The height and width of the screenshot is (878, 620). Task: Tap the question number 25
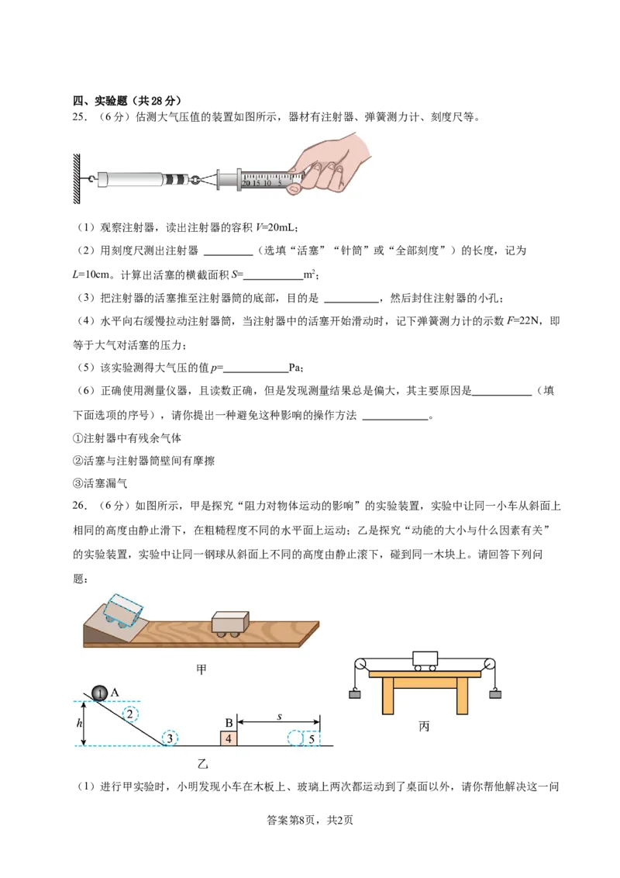click(x=80, y=118)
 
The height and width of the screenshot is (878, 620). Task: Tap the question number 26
click(x=80, y=506)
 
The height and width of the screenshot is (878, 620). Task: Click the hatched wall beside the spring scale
click(x=77, y=178)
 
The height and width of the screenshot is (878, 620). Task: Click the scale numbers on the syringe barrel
click(x=262, y=183)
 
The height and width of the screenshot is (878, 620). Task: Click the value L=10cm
click(x=91, y=275)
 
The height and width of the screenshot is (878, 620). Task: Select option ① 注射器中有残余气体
click(x=127, y=438)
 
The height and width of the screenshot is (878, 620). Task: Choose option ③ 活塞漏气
click(x=100, y=483)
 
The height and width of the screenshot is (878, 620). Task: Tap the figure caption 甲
click(x=201, y=669)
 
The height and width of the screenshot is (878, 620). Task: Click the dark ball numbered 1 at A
click(x=99, y=693)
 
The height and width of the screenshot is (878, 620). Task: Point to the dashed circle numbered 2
click(x=130, y=714)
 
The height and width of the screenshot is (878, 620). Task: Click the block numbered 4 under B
click(x=229, y=738)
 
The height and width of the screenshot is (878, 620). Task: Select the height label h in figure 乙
click(x=80, y=723)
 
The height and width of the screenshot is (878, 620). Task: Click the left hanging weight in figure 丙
click(x=355, y=695)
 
